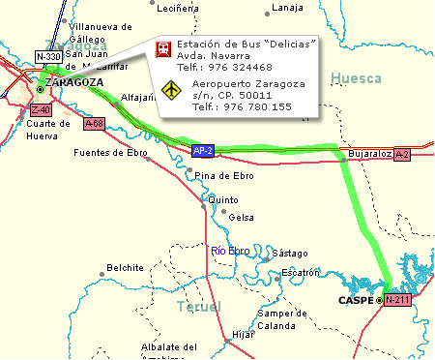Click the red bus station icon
(x=165, y=48)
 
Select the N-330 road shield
(x=48, y=57)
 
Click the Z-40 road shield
(x=41, y=109)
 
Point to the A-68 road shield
(x=94, y=124)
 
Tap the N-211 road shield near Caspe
(x=398, y=301)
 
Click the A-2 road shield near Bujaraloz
(x=403, y=154)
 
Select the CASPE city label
(x=354, y=301)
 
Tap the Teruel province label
(x=199, y=307)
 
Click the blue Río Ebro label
(x=230, y=252)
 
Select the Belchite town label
(x=125, y=267)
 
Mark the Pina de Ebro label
(x=223, y=175)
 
